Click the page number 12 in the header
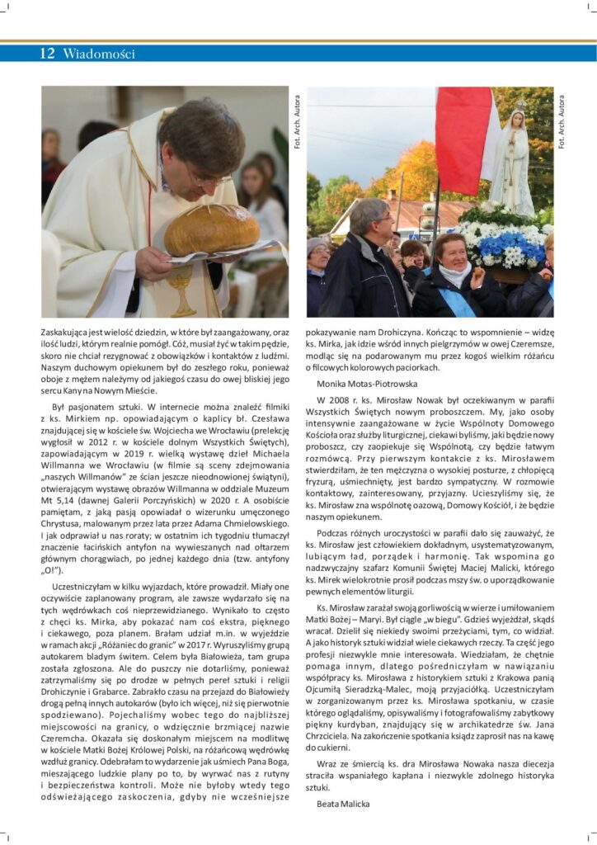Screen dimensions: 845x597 47,54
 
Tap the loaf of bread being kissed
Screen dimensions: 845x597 212,230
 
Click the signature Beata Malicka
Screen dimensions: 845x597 344,803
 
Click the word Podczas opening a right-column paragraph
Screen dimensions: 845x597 334,534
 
